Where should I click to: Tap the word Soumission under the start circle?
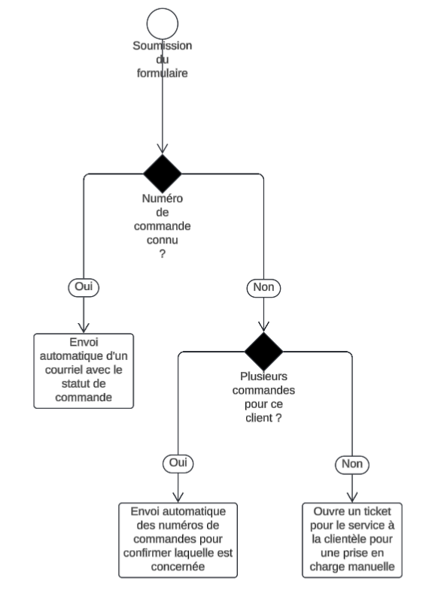coord(163,46)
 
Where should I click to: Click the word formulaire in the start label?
coord(163,73)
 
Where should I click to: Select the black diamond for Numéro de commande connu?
coord(163,174)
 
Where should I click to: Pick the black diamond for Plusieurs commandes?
coord(263,352)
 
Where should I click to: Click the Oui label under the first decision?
coord(84,287)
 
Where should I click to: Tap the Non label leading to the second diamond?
coord(263,288)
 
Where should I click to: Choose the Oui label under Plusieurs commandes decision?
coord(178,463)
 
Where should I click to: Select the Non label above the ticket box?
coord(352,464)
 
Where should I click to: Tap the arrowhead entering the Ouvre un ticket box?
coord(352,501)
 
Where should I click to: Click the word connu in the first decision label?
coord(163,240)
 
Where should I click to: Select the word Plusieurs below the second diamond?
coord(263,377)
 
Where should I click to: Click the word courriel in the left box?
coord(63,370)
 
